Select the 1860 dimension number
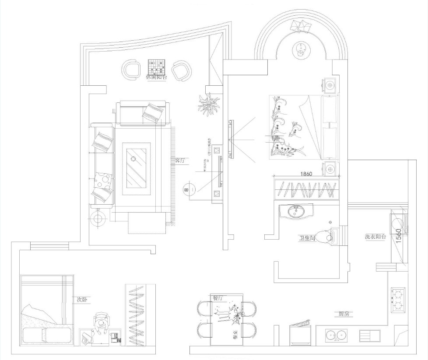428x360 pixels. point(306,174)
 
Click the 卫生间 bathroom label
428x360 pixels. point(307,238)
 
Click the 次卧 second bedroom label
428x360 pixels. point(82,300)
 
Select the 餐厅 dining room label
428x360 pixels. point(218,298)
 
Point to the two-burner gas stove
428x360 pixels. point(398,301)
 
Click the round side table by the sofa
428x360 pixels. point(98,219)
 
